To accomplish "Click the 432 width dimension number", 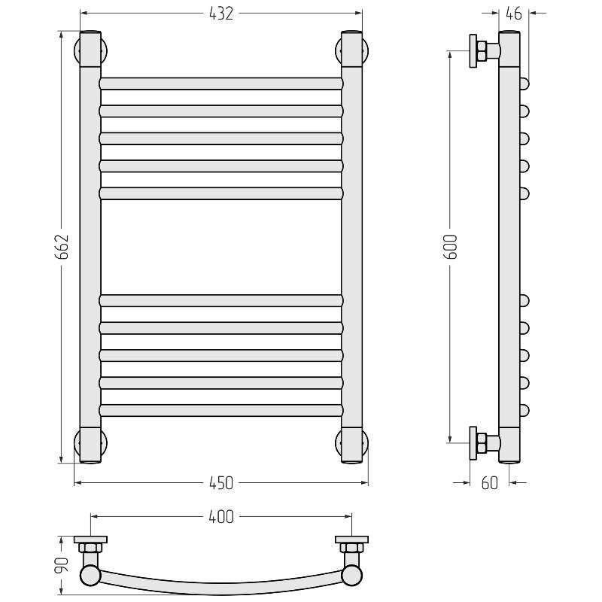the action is pyautogui.click(x=221, y=14).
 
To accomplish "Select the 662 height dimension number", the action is pyautogui.click(x=62, y=247).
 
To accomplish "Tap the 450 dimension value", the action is pyautogui.click(x=221, y=483).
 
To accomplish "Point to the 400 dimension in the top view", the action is pyautogui.click(x=221, y=517).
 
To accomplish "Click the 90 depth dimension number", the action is pyautogui.click(x=62, y=565).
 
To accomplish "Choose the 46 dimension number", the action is pyautogui.click(x=514, y=14).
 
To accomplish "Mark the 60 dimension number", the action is pyautogui.click(x=490, y=483).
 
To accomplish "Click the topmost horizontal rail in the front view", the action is pyautogui.click(x=221, y=84).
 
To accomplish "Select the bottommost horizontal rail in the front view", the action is pyautogui.click(x=221, y=410).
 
